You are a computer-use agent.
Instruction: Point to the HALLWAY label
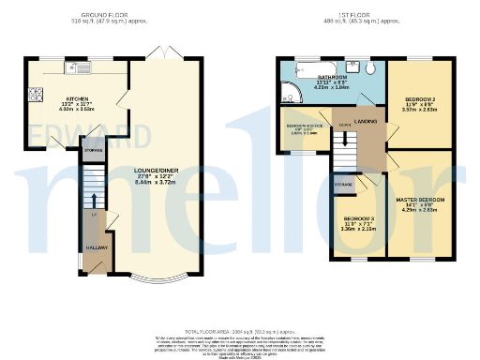97,247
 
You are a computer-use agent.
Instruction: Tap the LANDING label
365,121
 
